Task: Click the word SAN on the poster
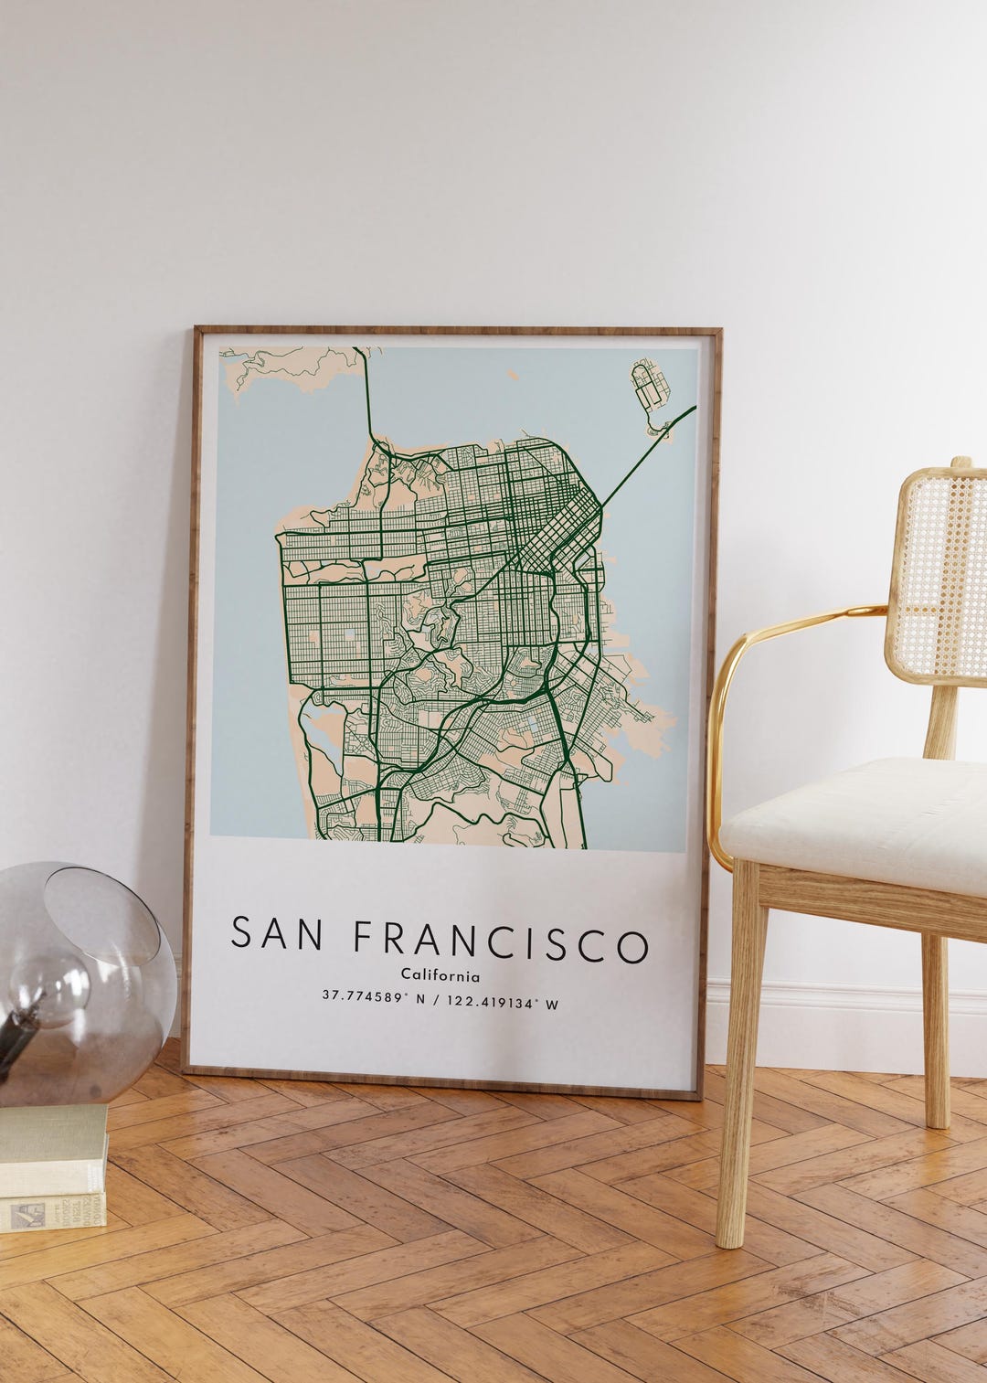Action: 275,934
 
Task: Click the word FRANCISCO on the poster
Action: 501,942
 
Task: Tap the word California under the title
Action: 440,976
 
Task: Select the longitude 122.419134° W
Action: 501,1003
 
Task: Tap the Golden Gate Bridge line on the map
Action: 368,393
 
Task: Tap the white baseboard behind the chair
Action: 822,1005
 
